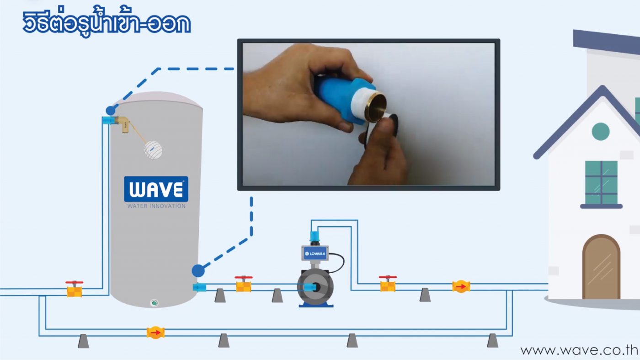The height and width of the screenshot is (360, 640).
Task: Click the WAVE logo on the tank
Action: (156, 189)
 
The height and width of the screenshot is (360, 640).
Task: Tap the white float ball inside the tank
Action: (153, 150)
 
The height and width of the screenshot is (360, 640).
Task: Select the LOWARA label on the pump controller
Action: (315, 254)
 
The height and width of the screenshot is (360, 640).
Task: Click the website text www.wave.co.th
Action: (579, 350)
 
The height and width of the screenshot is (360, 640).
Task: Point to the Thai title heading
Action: (107, 23)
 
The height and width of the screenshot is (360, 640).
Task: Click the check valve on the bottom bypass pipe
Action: (155, 333)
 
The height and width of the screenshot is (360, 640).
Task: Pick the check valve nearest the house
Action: (461, 286)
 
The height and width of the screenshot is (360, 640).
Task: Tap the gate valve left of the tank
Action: (74, 289)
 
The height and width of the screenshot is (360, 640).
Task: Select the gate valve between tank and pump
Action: (243, 284)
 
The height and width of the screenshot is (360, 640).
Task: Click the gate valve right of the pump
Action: (388, 284)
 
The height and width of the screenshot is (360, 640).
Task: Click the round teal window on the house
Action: (601, 132)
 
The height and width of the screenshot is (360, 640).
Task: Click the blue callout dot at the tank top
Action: (111, 111)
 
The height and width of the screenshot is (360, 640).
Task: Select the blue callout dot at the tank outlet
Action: (198, 270)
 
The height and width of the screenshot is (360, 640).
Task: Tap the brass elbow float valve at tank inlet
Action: (123, 124)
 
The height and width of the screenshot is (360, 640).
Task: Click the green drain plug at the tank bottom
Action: (155, 302)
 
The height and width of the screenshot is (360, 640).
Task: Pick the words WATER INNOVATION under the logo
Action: (156, 206)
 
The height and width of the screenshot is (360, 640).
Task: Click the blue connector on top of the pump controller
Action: (315, 236)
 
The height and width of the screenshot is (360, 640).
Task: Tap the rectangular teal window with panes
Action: (601, 183)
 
